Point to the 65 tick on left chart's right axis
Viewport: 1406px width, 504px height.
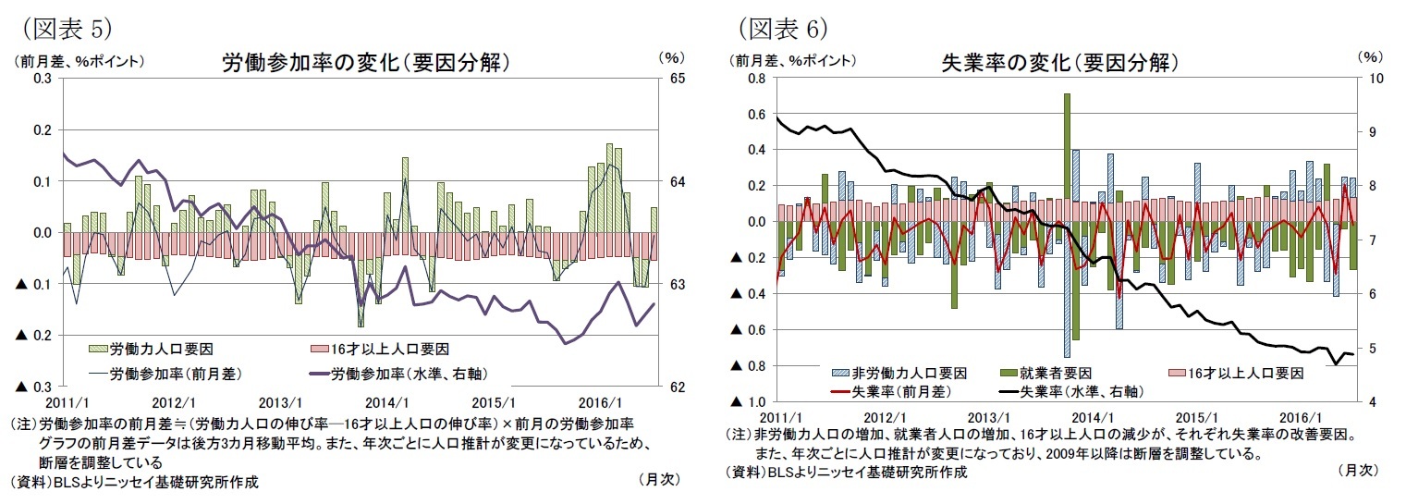coord(676,80)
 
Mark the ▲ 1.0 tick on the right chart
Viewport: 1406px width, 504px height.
coord(745,402)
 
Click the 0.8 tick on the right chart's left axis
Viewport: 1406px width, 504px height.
coord(755,80)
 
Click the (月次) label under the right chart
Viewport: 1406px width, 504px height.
coord(1358,471)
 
